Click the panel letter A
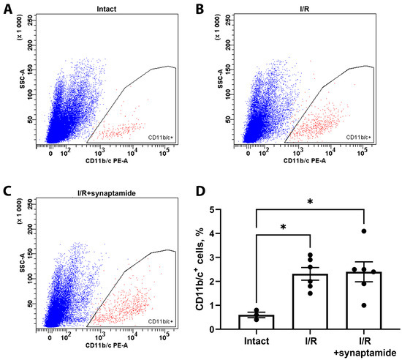[6, 7]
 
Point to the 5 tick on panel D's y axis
[236, 210]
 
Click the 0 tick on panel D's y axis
[236, 329]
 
